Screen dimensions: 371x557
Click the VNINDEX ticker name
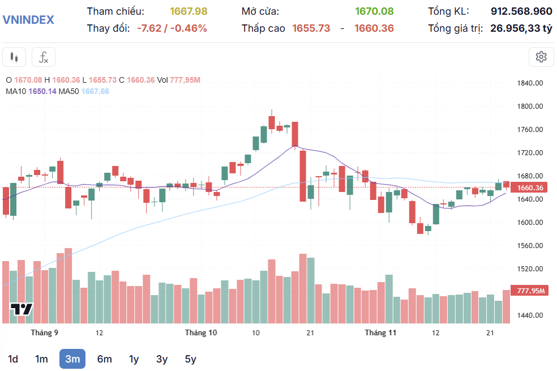coord(28,20)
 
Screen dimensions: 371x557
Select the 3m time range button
coord(72,359)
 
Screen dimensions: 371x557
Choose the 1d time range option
coord(13,359)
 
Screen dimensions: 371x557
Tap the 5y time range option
coord(190,359)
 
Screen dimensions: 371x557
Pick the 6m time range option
coord(104,359)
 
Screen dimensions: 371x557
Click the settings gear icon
coord(541,57)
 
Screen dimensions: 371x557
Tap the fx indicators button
coord(44,57)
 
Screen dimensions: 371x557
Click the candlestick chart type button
coord(15,57)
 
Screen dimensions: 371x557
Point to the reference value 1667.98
coord(188,11)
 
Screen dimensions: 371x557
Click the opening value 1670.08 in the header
coord(374,11)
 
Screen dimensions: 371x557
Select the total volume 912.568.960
coord(521,11)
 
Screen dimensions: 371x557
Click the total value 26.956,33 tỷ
coord(521,28)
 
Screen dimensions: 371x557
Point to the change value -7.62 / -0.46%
coord(172,28)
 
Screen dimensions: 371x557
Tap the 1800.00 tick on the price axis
coord(530,106)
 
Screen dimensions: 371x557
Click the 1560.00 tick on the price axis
coord(530,246)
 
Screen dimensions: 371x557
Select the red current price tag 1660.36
coord(530,187)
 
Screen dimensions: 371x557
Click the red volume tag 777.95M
coord(530,291)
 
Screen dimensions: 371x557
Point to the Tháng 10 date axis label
coord(201,332)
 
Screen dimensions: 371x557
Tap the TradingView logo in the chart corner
coord(22,309)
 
